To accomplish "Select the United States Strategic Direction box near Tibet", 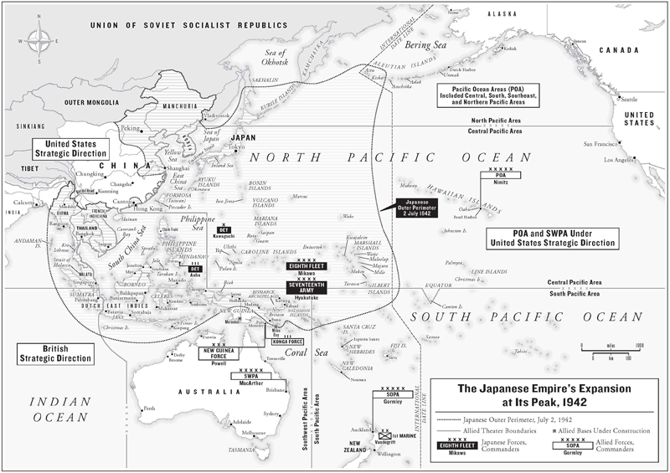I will tap(70, 149).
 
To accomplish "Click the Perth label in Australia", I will tap(151, 409).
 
